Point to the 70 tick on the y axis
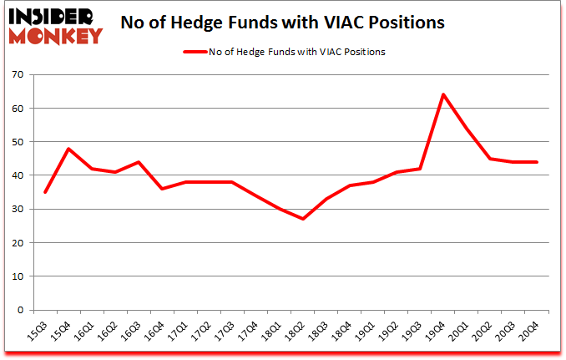tap(17, 75)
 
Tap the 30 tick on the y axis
tap(17, 210)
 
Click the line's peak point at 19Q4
tap(442, 94)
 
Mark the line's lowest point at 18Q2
tap(302, 219)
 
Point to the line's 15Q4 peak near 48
tap(68, 149)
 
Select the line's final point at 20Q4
tap(536, 162)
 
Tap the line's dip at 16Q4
tap(161, 189)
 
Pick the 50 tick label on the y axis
tap(17, 142)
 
